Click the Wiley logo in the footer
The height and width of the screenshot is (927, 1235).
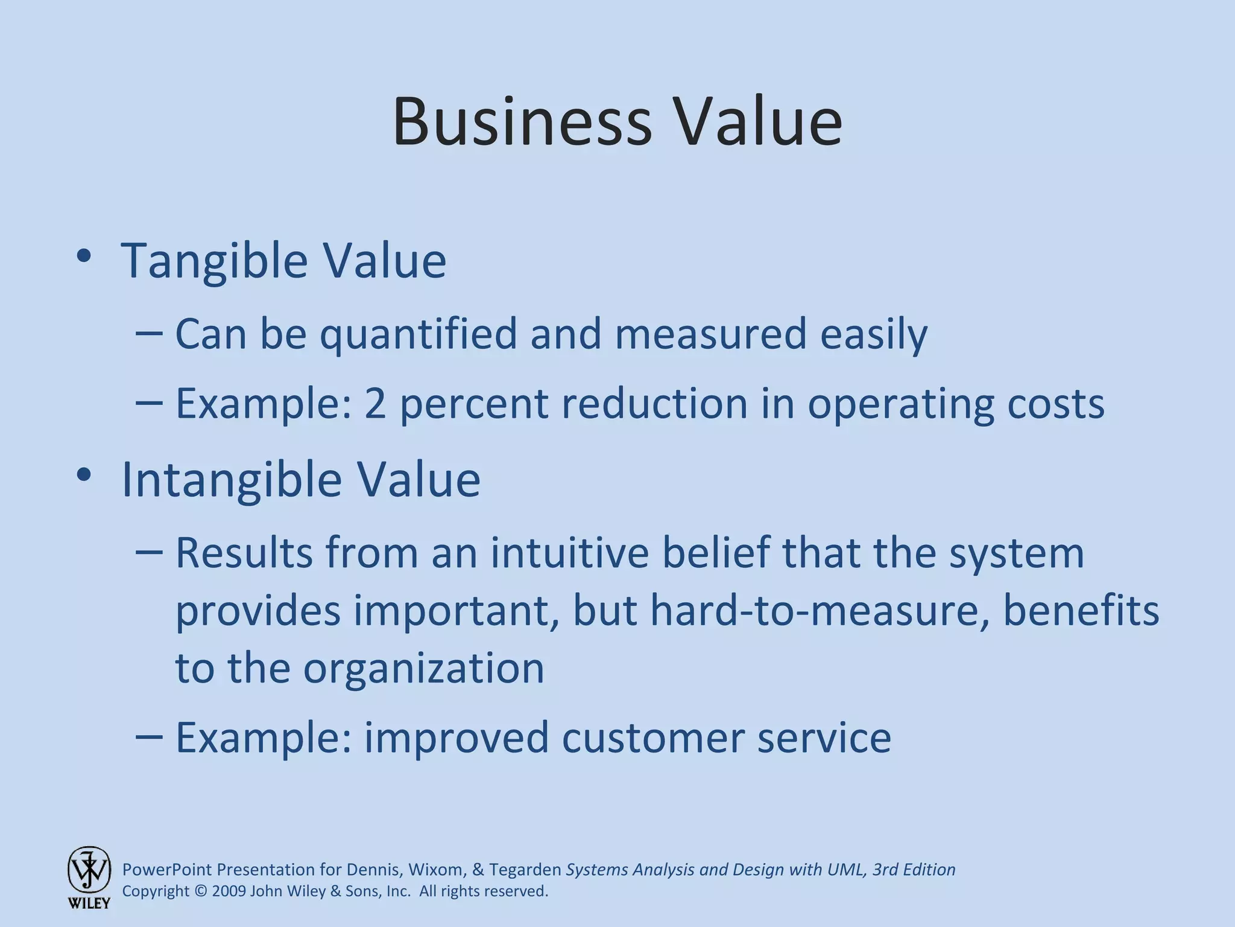coord(89,877)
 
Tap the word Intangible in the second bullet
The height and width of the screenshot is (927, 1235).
coord(232,479)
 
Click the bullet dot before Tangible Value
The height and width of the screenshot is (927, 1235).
coord(84,256)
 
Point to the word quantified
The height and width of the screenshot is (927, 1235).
coord(418,334)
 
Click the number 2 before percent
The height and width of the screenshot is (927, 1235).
coord(374,403)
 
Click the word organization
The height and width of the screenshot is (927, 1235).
coord(423,669)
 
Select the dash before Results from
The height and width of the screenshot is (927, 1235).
coord(149,550)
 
